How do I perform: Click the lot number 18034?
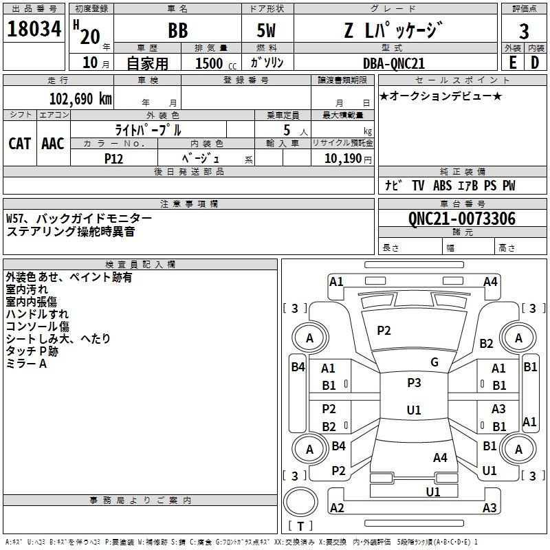(x=34, y=29)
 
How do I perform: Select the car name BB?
(x=178, y=30)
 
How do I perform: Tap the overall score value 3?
(x=524, y=31)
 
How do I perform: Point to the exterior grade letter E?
(x=512, y=63)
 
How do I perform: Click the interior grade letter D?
(x=535, y=63)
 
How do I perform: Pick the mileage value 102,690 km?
(x=80, y=99)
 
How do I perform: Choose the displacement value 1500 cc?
(x=216, y=63)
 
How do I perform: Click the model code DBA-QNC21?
(x=393, y=63)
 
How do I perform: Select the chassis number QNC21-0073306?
(x=462, y=219)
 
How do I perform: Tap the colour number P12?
(x=113, y=159)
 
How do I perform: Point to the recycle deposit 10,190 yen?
(x=348, y=159)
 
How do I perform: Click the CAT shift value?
(x=20, y=144)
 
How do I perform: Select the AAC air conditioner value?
(x=53, y=144)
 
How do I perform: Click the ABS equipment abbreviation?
(x=442, y=186)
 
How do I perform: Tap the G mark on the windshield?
(x=434, y=362)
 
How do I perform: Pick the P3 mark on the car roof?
(x=414, y=383)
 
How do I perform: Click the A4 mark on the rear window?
(x=440, y=458)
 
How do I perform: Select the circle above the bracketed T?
(x=300, y=502)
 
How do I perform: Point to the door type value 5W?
(x=266, y=30)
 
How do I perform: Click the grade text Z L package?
(x=393, y=30)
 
